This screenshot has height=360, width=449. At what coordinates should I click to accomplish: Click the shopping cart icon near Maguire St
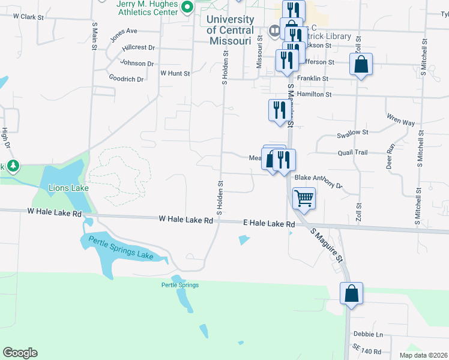pos(304,198)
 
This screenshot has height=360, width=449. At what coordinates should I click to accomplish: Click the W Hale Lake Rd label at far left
pos(54,213)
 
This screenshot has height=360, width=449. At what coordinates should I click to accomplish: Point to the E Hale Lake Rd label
pos(269,224)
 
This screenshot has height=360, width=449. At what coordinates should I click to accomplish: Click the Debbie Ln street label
pos(369,334)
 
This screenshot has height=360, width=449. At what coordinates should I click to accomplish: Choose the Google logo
pos(20,353)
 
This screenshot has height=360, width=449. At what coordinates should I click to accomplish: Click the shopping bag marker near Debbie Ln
pos(351,293)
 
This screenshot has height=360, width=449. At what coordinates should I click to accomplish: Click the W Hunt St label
pos(175,73)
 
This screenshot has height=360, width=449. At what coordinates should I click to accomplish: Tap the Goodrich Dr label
pos(126,78)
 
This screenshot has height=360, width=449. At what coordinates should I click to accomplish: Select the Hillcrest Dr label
pos(138,47)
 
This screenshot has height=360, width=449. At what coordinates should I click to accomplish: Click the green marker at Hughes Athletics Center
pos(187,7)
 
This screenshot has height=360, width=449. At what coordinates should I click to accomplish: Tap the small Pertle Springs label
pos(179,285)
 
